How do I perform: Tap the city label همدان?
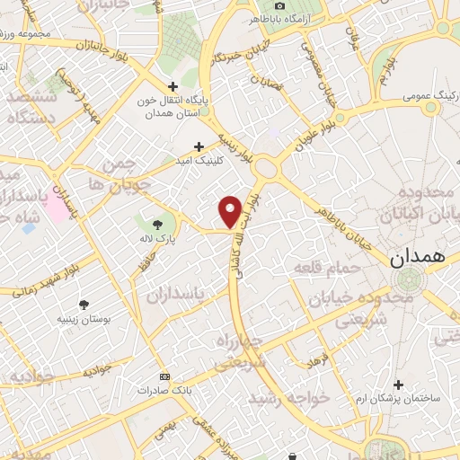418,257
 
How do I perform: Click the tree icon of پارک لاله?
158,225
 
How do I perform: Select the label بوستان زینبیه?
84,318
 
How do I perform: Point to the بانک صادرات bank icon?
164,376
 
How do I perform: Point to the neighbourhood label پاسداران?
174,293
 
